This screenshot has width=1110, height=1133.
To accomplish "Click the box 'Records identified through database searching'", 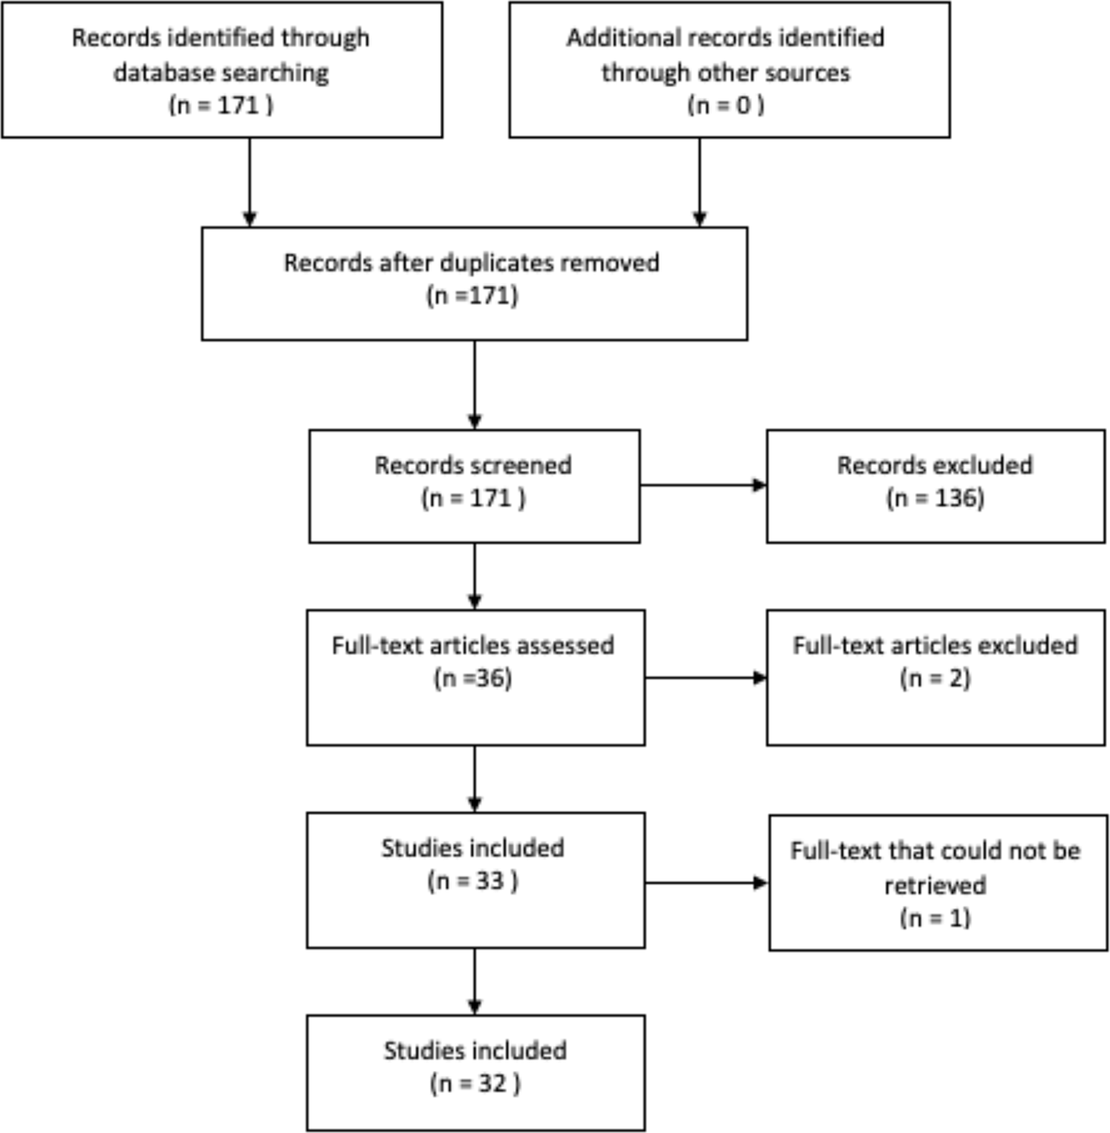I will [x=222, y=70].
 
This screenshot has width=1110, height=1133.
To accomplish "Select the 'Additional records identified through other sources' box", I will [x=729, y=70].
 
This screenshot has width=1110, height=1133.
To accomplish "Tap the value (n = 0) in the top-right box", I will [x=725, y=105].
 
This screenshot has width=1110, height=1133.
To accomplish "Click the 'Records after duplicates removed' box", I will [x=474, y=283].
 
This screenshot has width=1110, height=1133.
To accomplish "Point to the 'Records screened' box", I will [x=474, y=485].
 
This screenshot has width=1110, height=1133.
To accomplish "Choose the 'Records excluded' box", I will [x=935, y=485].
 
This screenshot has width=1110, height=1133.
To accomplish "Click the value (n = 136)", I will [x=935, y=498].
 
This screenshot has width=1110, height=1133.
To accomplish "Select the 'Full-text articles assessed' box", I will [x=475, y=677].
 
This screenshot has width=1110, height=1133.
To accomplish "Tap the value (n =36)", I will [x=473, y=679].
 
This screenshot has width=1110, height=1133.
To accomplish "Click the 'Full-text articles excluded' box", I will [x=935, y=677].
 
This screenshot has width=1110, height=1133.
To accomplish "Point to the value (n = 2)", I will [x=935, y=679].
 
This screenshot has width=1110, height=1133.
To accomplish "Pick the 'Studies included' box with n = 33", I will [x=475, y=879].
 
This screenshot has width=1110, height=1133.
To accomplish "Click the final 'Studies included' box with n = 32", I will [x=475, y=1072].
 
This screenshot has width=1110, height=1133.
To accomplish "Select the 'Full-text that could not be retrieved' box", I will [x=937, y=882].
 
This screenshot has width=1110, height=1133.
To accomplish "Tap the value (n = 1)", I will [x=935, y=918].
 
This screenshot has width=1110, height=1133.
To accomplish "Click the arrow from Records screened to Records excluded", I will [x=703, y=485].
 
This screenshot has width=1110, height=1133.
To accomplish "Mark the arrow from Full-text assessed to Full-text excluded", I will [x=705, y=678].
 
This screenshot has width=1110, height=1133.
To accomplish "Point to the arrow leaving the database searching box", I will [x=250, y=182].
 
